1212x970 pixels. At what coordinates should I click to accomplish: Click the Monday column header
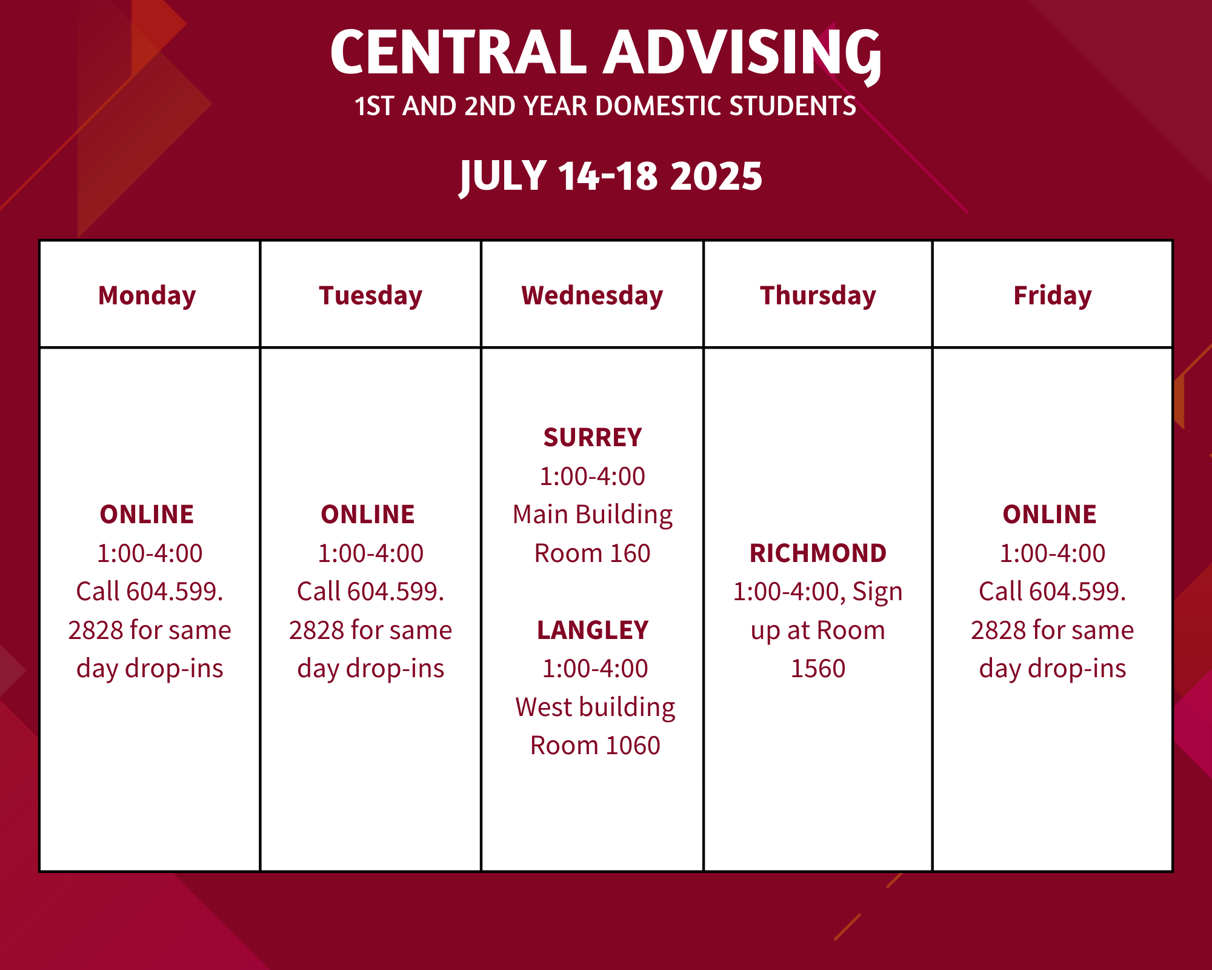[147, 296]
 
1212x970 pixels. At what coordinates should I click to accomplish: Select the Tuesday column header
[370, 296]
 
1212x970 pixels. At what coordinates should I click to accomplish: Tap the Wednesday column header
[592, 296]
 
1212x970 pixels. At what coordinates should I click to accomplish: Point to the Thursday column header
[818, 296]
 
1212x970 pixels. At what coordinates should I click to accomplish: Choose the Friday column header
[1053, 296]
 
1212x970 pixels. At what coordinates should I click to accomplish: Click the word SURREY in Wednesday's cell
[593, 438]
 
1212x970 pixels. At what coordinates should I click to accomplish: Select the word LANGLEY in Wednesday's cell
[593, 630]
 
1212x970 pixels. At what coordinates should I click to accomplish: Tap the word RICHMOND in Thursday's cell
[818, 554]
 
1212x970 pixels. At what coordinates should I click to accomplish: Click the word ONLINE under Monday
[147, 515]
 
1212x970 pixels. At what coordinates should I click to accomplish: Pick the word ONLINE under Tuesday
[368, 515]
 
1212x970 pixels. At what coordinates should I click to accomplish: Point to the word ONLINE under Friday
[1050, 515]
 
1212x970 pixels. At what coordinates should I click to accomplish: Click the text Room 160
[593, 554]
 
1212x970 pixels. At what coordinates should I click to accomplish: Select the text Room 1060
[595, 746]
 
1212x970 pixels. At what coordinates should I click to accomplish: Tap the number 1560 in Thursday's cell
[818, 669]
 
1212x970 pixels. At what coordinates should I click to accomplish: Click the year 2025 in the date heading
[717, 176]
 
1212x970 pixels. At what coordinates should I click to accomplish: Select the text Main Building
[593, 515]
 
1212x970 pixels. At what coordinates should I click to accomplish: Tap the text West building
[595, 707]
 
